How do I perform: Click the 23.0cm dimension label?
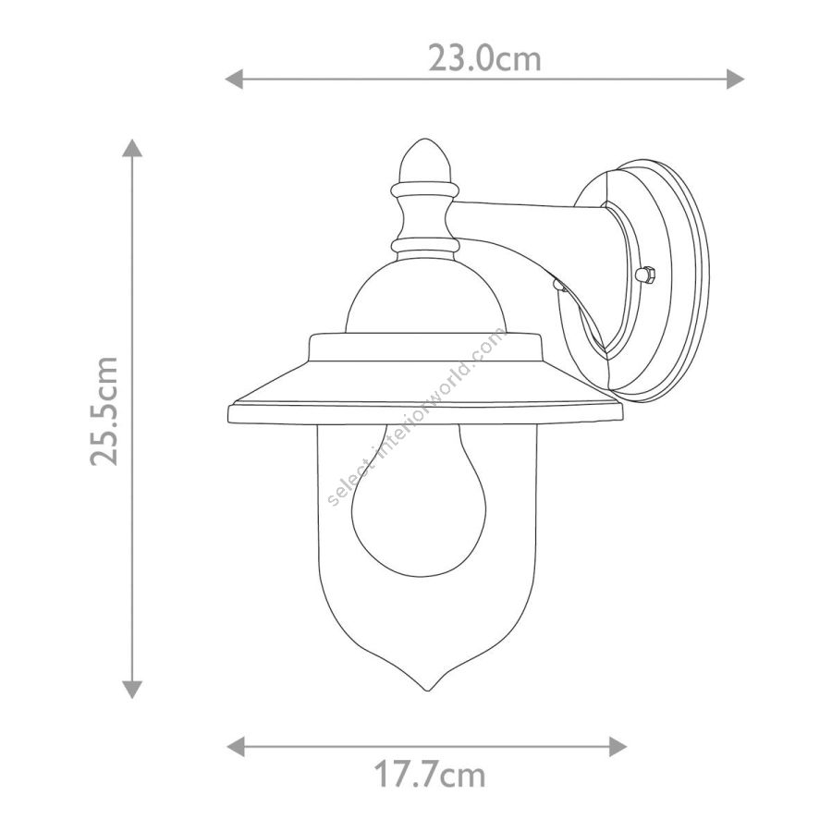(x=485, y=58)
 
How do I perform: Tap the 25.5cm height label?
(x=104, y=411)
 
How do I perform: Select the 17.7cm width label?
(x=429, y=775)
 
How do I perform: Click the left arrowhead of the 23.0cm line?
(x=234, y=80)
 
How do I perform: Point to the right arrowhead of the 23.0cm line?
(x=736, y=80)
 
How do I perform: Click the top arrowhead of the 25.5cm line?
(x=132, y=148)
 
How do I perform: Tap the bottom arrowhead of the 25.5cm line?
(x=132, y=690)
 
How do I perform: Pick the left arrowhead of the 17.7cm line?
(x=236, y=747)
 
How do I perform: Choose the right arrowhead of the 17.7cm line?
(x=618, y=747)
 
